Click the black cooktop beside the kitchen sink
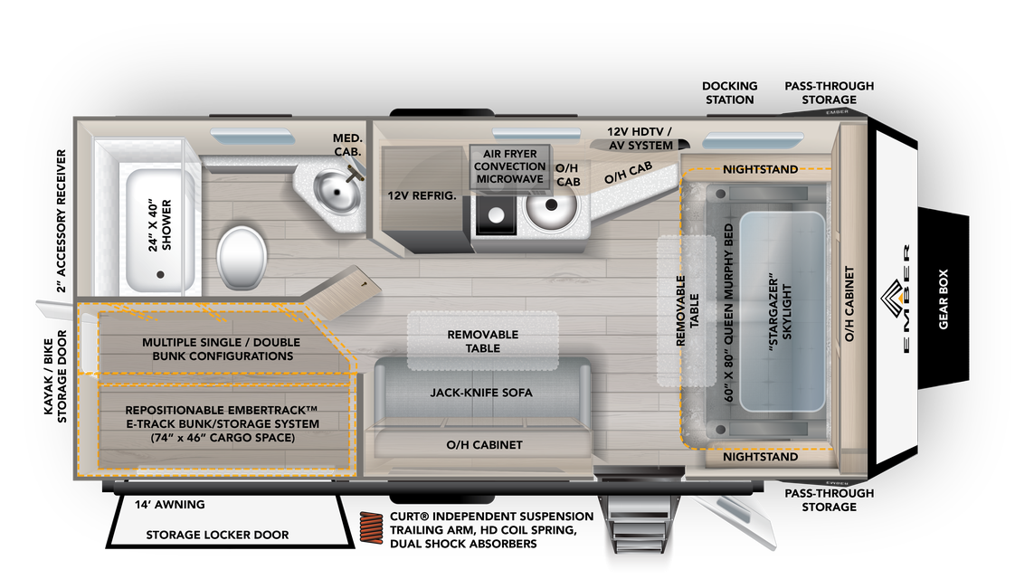495,215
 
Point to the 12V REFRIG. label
422,195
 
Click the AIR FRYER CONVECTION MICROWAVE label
509,166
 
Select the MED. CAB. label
347,144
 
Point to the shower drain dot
161,274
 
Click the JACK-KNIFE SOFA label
480,393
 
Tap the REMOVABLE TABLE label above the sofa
482,341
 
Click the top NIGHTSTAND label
760,169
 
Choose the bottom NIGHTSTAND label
760,457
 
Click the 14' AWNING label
169,505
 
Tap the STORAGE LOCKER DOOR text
217,535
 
